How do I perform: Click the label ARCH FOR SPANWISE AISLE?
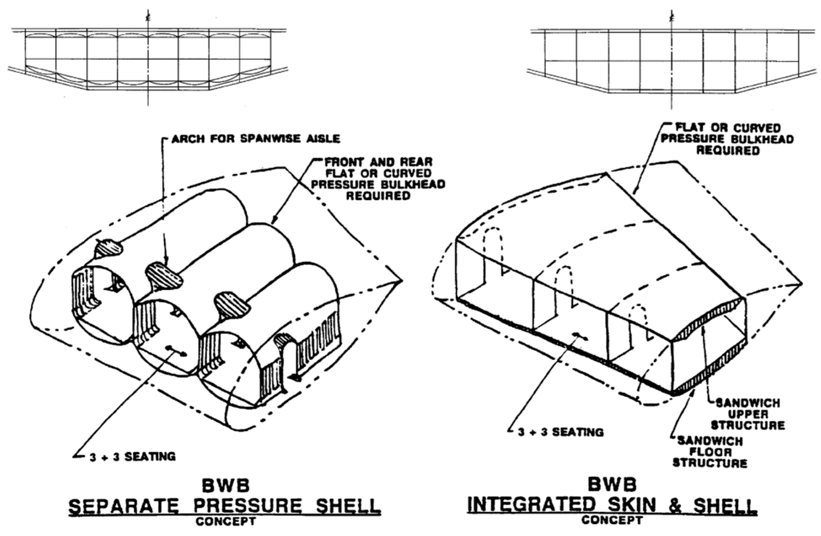(x=256, y=139)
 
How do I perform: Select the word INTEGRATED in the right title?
(x=531, y=505)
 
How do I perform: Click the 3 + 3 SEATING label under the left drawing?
(x=133, y=457)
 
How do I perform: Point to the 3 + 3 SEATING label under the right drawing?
(x=561, y=432)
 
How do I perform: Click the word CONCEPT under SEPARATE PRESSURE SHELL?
(x=226, y=521)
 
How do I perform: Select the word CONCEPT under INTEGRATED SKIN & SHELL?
(x=612, y=520)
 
